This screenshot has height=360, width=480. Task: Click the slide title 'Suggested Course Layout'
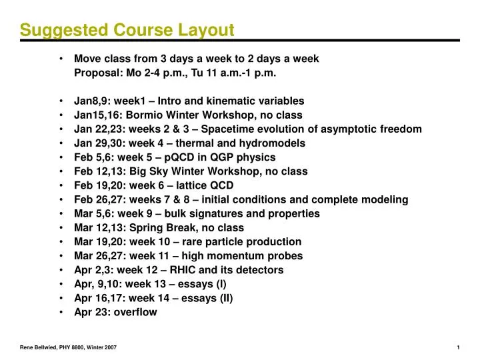[x=127, y=30]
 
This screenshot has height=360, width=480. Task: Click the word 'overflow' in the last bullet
[x=136, y=311]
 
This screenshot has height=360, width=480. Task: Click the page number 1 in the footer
[x=460, y=347]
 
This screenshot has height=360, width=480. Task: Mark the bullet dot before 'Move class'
[x=61, y=59]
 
